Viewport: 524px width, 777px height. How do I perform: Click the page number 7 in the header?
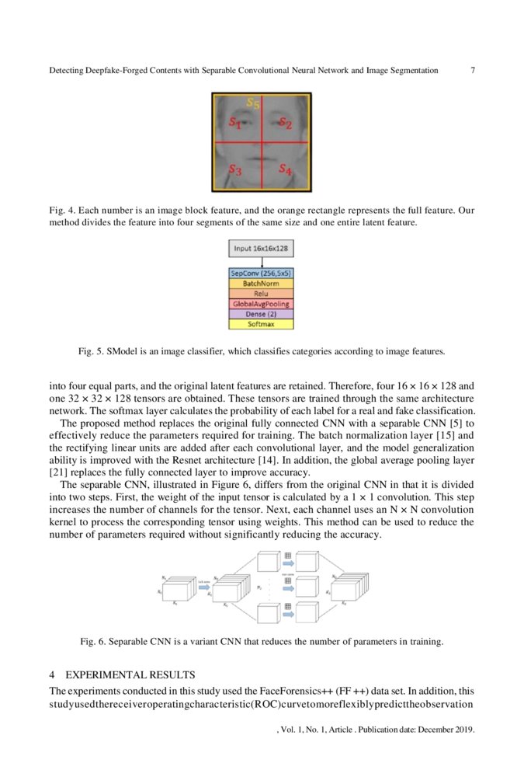473,71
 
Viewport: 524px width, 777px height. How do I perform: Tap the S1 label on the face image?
235,122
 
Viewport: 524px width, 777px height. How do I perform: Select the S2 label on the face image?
285,122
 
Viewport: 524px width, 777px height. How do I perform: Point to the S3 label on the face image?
235,168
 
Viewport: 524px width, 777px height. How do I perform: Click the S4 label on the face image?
285,168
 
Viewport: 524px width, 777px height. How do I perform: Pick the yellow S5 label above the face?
253,102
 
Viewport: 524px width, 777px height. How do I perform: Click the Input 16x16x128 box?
262,248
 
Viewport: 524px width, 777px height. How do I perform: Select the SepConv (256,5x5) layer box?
262,274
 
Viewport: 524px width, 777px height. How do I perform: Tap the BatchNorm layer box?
262,284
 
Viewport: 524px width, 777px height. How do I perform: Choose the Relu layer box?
262,294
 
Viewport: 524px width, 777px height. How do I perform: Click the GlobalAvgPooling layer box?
262,305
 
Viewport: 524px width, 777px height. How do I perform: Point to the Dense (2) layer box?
262,314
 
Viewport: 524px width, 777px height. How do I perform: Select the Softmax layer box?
262,324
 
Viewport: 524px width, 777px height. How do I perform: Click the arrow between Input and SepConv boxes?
262,262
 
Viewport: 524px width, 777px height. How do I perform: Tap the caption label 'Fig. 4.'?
62,211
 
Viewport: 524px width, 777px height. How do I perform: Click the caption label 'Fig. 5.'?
92,351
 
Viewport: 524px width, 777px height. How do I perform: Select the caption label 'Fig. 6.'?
95,642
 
